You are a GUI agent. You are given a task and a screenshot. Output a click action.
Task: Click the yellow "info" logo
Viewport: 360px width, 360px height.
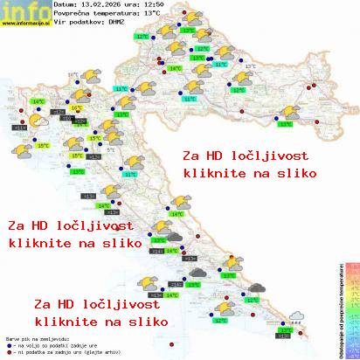[24, 10]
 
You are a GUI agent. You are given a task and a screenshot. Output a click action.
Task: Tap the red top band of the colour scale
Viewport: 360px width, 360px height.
[350, 264]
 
